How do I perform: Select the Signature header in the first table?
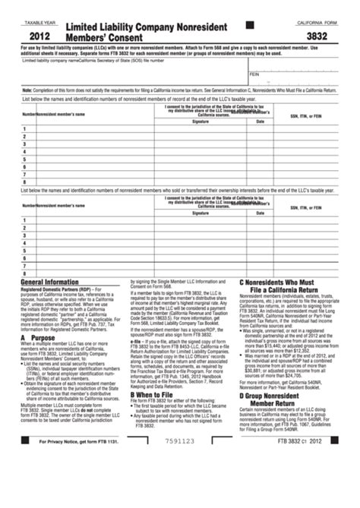[201, 121]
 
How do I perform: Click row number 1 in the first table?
[25, 129]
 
